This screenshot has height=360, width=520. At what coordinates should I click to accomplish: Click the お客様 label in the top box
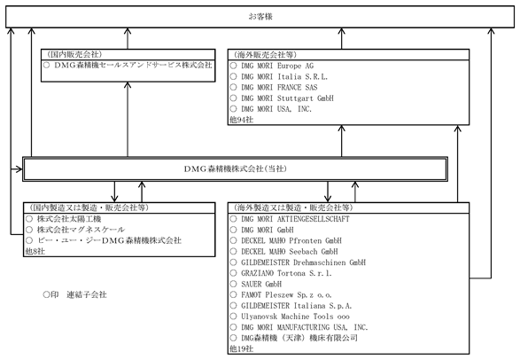tap(260, 16)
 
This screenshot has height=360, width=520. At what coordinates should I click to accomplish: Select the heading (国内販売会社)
tap(74, 54)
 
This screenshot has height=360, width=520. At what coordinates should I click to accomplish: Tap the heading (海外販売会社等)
tap(265, 55)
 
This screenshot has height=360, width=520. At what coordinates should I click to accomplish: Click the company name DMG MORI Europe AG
tap(277, 66)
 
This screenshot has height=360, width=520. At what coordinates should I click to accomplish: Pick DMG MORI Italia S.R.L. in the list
tap(284, 76)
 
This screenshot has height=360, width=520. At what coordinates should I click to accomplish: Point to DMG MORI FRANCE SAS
tap(279, 87)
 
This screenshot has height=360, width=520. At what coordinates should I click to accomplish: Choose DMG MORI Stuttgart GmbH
tap(287, 98)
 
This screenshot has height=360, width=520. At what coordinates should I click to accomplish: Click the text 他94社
tap(242, 120)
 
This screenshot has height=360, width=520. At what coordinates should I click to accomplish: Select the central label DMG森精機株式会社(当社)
tap(235, 168)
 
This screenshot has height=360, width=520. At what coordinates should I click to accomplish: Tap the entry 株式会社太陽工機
tap(69, 219)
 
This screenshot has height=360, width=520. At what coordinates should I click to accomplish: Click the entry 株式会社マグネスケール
tap(81, 230)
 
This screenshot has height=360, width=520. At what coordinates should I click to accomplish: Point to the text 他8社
tap(35, 251)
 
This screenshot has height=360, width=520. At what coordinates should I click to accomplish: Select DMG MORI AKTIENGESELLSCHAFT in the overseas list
tap(295, 219)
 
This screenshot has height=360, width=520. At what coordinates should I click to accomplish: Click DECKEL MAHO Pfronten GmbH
tap(291, 240)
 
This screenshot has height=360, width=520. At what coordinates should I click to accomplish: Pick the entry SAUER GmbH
tap(261, 284)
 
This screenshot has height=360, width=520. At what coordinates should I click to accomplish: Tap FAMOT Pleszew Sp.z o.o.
tap(286, 294)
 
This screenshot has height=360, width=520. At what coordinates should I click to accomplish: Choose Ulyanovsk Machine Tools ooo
tap(295, 317)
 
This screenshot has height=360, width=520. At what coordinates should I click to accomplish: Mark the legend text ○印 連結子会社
tap(75, 294)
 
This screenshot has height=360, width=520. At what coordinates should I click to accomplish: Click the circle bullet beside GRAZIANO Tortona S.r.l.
tap(234, 273)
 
